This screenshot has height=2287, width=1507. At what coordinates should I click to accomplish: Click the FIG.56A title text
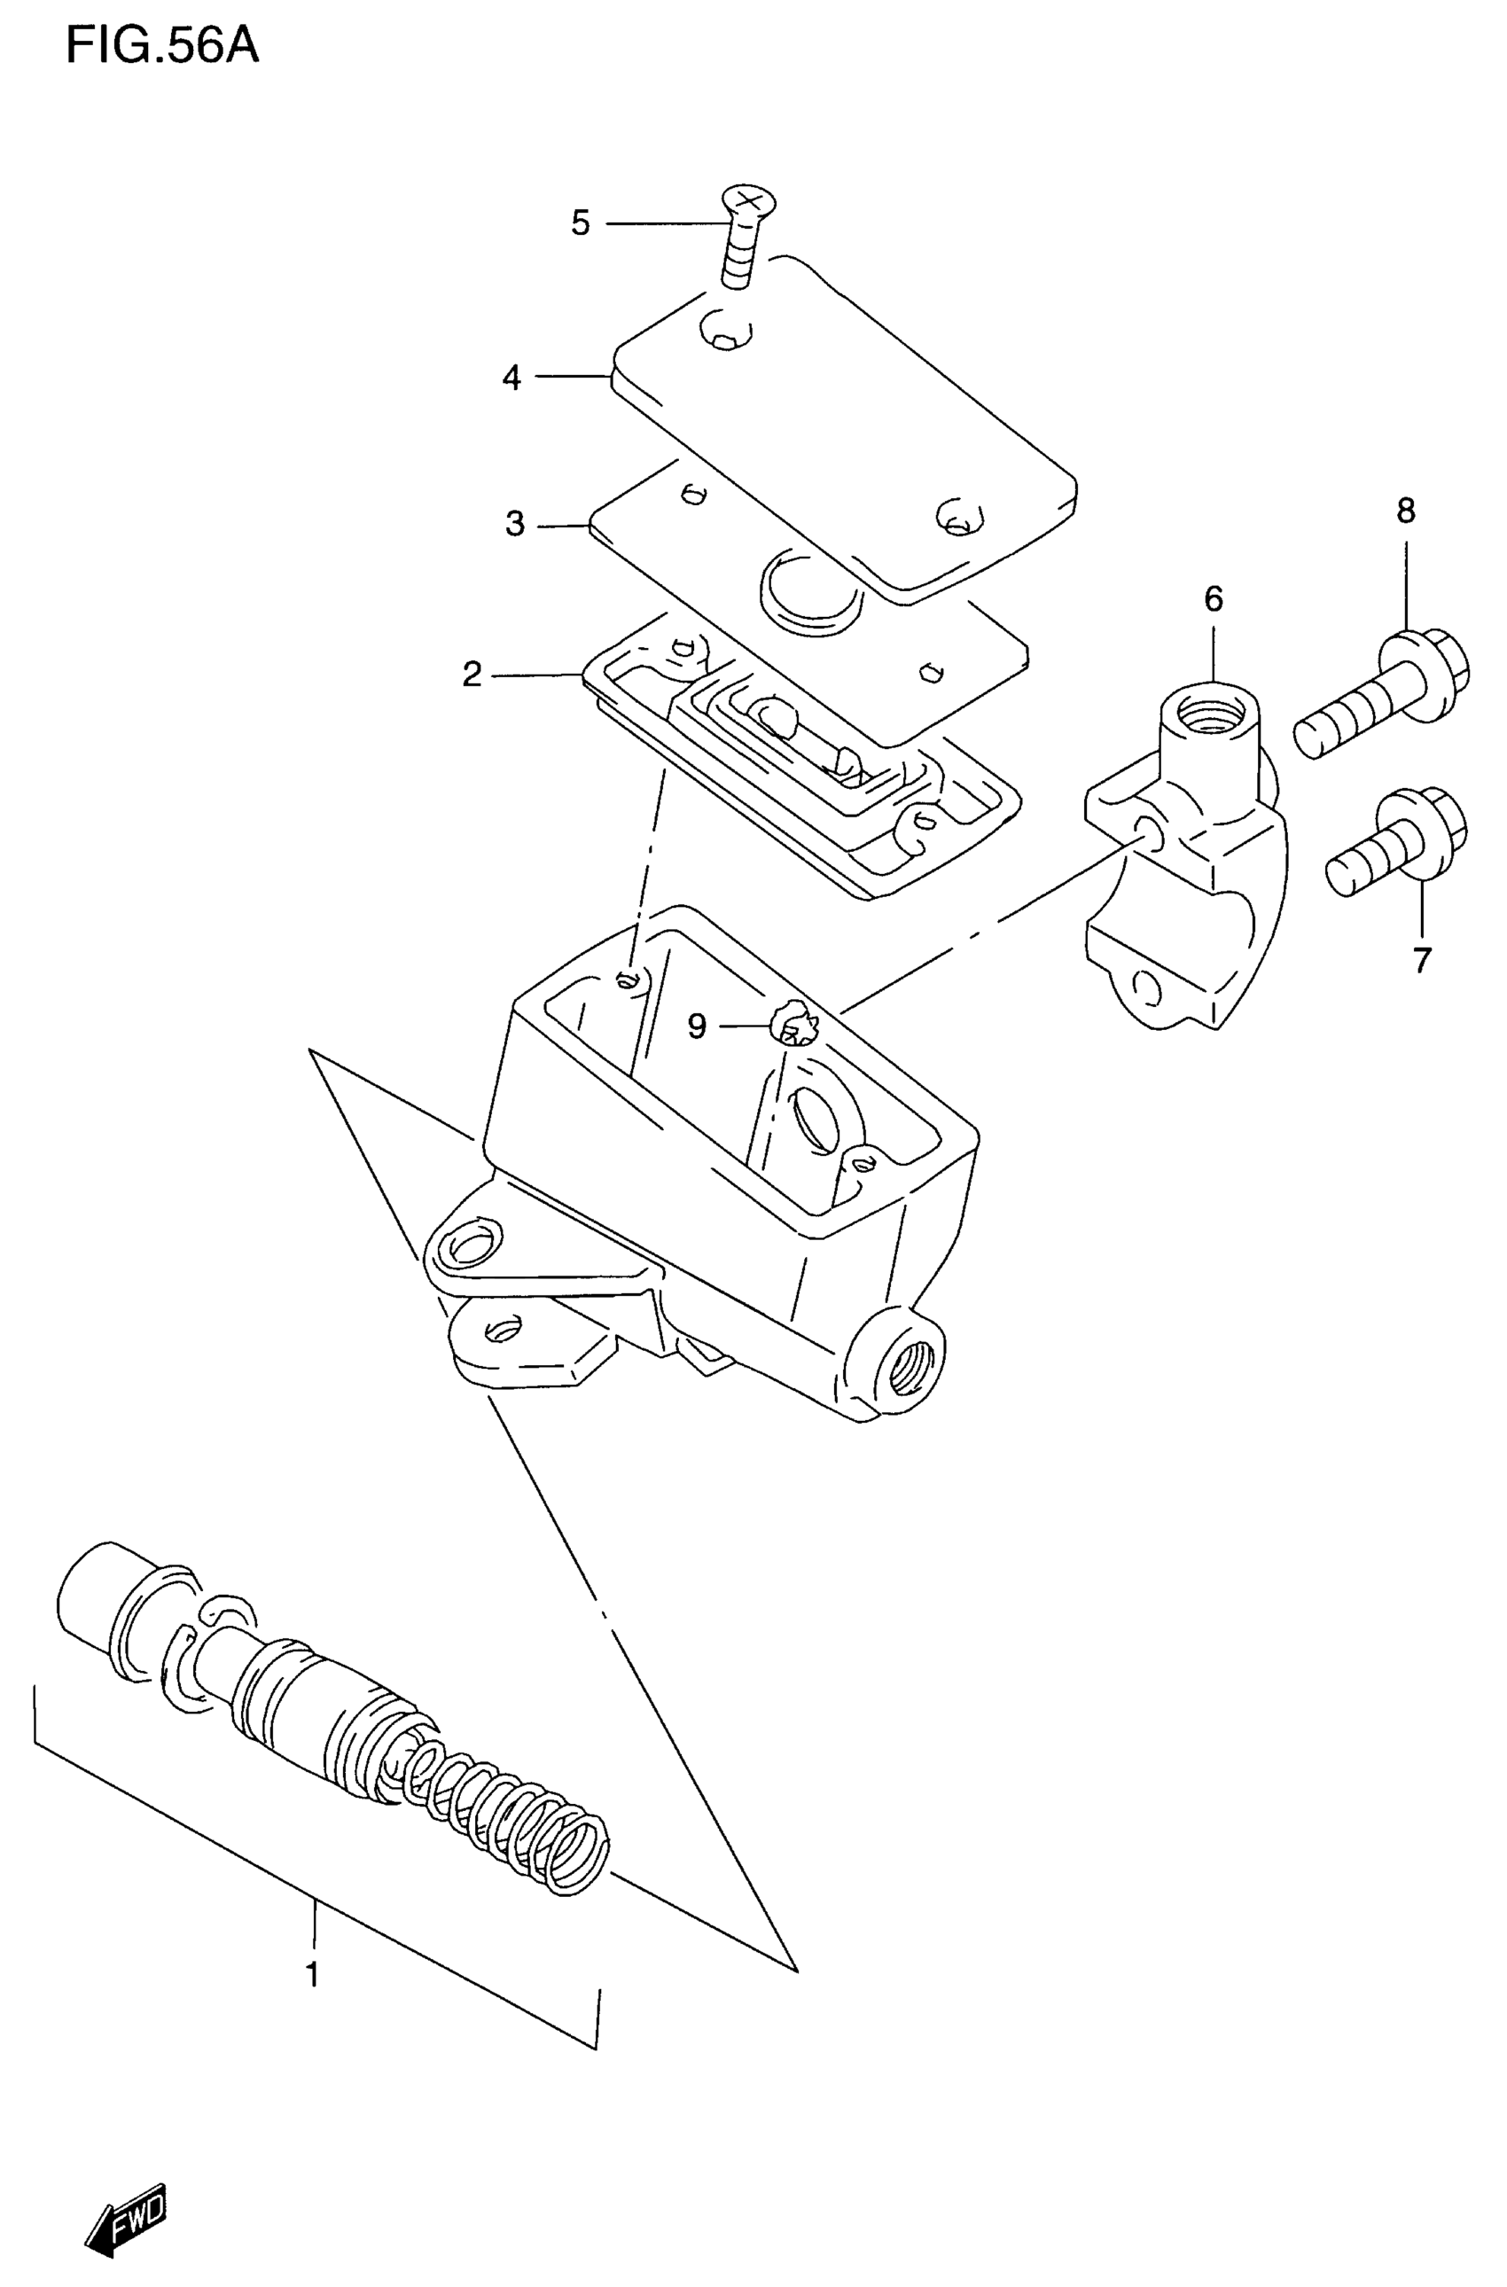click(x=162, y=45)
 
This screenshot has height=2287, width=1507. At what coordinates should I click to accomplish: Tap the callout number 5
click(x=581, y=222)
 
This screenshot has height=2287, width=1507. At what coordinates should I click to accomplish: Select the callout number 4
click(x=511, y=378)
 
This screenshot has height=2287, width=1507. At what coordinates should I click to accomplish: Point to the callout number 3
click(x=515, y=525)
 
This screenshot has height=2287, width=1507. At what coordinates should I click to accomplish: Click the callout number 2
click(x=471, y=675)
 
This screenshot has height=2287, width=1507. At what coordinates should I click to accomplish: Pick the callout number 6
click(x=1213, y=599)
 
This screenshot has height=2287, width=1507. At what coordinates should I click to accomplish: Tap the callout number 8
click(x=1405, y=511)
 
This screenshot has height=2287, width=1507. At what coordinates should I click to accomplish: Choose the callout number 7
click(x=1422, y=959)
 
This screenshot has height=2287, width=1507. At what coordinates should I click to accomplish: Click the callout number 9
click(x=697, y=1027)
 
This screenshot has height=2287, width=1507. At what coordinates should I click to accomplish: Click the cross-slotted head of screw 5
click(x=751, y=199)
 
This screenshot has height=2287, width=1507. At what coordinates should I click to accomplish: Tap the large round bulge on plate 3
click(x=811, y=592)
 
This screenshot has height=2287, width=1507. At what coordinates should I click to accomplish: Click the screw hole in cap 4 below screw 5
click(x=726, y=332)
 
